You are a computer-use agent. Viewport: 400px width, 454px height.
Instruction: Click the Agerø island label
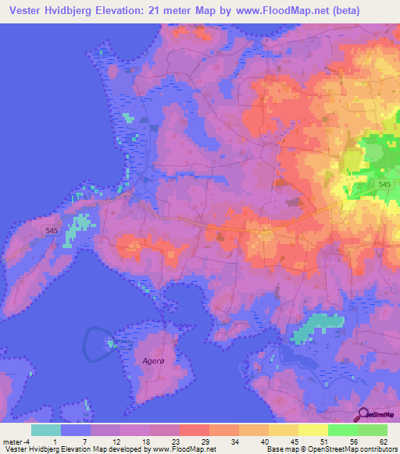155,360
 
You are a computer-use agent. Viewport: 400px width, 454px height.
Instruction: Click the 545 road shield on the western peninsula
52,230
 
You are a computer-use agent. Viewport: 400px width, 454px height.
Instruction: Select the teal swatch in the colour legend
46,430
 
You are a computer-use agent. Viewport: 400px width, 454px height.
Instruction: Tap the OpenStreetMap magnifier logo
362,414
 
